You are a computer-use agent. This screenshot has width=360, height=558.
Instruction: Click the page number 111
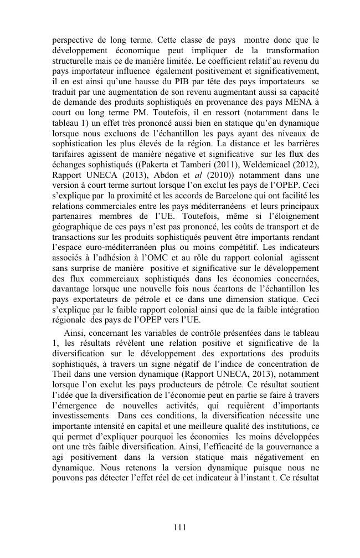tap(179, 528)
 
